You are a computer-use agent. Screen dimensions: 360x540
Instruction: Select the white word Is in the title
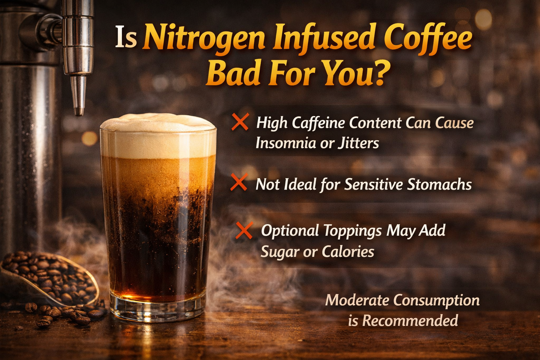pyautogui.click(x=126, y=39)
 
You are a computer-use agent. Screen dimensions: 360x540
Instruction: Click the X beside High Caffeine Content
pyautogui.click(x=240, y=122)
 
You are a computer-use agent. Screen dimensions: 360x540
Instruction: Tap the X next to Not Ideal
pyautogui.click(x=239, y=183)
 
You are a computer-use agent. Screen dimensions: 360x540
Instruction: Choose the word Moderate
pyautogui.click(x=357, y=300)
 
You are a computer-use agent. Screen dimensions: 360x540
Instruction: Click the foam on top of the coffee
pyautogui.click(x=158, y=135)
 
